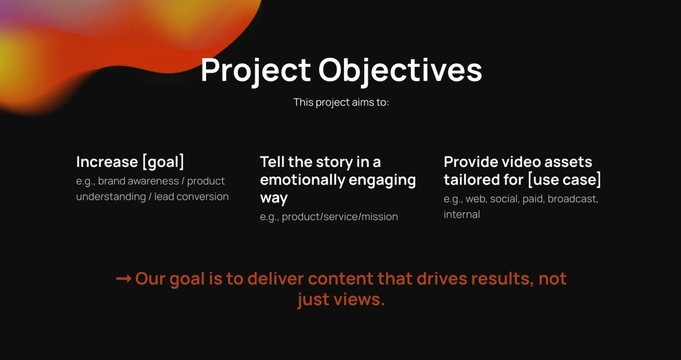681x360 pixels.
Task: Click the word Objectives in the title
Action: coord(400,70)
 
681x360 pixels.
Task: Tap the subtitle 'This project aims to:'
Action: coord(341,103)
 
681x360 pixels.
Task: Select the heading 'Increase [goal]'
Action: coord(130,162)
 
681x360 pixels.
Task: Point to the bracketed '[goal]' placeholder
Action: coord(163,162)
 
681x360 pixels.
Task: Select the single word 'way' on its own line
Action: coord(274,199)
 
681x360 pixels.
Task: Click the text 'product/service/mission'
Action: coord(340,217)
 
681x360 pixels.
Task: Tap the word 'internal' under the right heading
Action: coord(461,215)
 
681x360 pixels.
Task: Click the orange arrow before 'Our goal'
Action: coord(123,279)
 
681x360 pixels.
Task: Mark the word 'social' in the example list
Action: coord(503,199)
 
